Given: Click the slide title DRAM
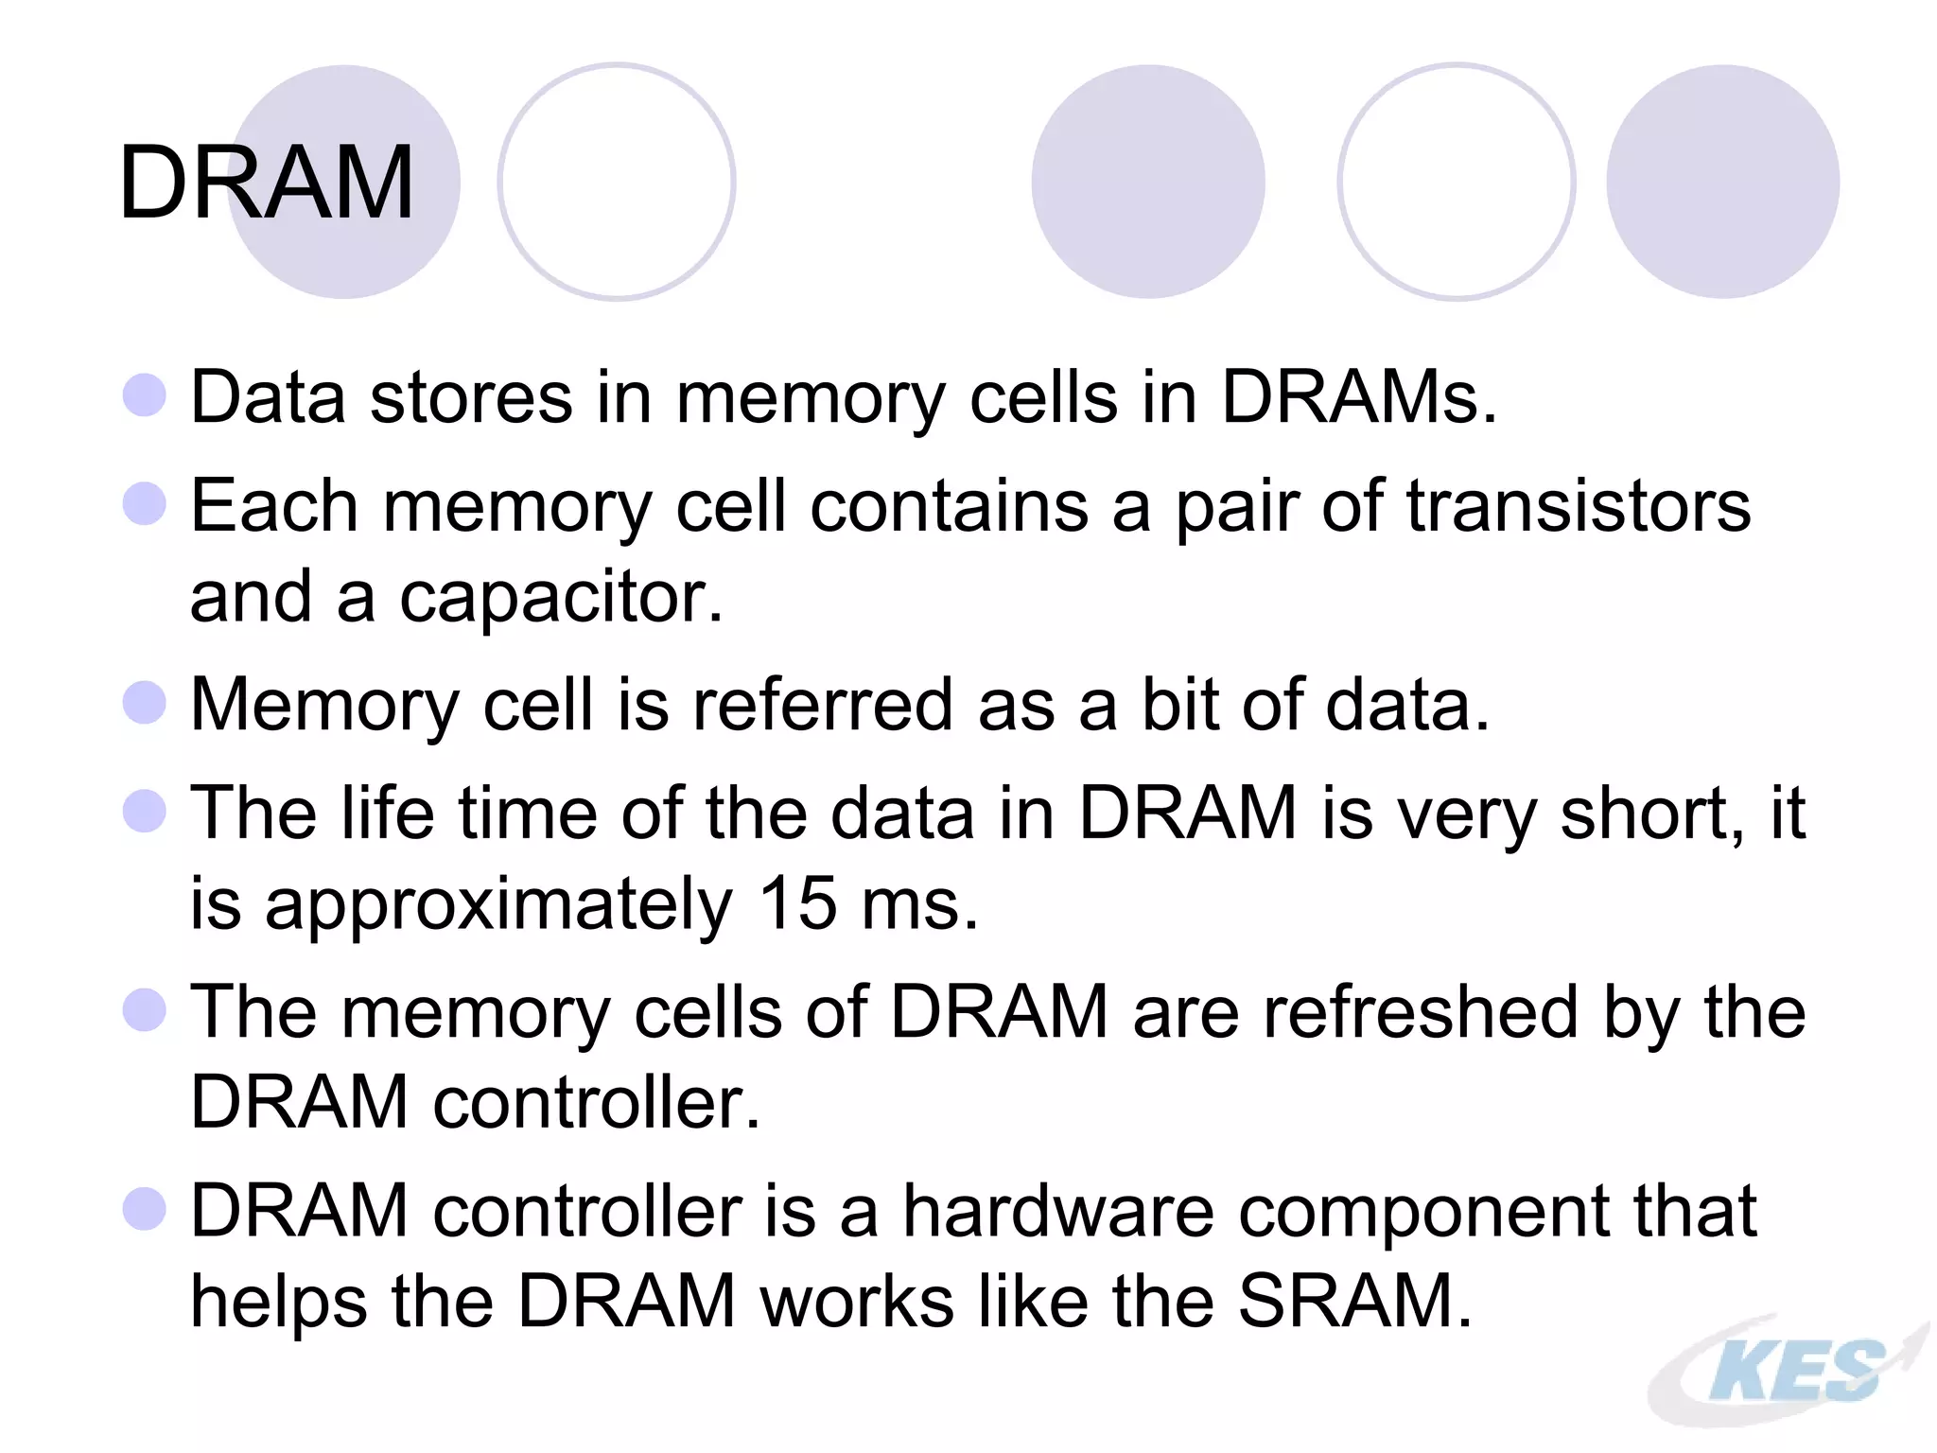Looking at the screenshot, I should point(267,183).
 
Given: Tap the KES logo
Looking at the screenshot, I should point(1790,1371).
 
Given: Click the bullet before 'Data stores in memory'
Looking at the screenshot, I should point(145,394).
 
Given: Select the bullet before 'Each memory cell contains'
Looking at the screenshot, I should point(145,503).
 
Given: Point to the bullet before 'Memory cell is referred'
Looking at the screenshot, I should point(145,703).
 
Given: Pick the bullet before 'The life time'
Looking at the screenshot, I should point(145,811).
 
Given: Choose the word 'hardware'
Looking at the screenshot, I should point(1057,1210).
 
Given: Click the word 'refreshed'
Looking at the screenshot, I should point(1421,1011).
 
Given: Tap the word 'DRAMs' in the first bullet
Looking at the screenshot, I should point(1350,396).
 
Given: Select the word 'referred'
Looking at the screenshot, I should point(822,704).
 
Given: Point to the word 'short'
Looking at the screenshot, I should point(1643,813).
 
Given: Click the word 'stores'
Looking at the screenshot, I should point(471,396).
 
